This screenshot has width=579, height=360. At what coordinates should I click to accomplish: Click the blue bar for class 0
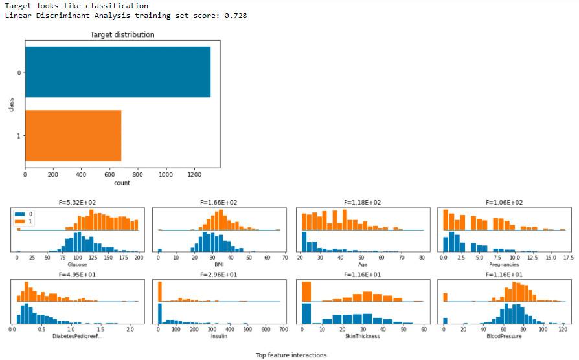pos(117,71)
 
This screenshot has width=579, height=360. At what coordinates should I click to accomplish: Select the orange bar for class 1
pos(73,135)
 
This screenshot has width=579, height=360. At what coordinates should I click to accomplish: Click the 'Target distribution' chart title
pos(122,34)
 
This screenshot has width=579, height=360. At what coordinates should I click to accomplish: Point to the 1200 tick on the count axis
pos(194,174)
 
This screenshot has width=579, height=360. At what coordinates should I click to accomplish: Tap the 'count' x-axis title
pos(122,183)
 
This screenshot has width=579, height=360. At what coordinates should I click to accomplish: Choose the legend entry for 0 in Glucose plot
pos(25,214)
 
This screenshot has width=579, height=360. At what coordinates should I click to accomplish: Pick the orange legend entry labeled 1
pos(25,221)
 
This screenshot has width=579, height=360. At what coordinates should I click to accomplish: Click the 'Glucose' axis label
pos(78,264)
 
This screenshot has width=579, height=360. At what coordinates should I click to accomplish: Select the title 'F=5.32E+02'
pos(78,203)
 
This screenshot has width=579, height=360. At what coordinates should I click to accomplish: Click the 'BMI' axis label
pos(219,264)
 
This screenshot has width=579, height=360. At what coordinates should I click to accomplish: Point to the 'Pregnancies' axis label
pos(505,264)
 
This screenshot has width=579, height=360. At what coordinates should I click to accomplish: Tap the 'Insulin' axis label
pos(219,336)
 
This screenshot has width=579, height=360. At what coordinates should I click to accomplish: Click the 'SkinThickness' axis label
pos(363,336)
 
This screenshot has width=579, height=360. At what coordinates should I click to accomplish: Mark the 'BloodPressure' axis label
pos(505,336)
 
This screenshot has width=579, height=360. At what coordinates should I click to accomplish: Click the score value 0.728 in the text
pos(236,16)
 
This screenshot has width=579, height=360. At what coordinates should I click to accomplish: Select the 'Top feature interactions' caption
pos(291,355)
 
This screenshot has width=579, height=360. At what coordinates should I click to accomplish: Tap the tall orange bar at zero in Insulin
pos(159,291)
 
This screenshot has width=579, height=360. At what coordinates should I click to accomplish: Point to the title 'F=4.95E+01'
pos(78,275)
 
